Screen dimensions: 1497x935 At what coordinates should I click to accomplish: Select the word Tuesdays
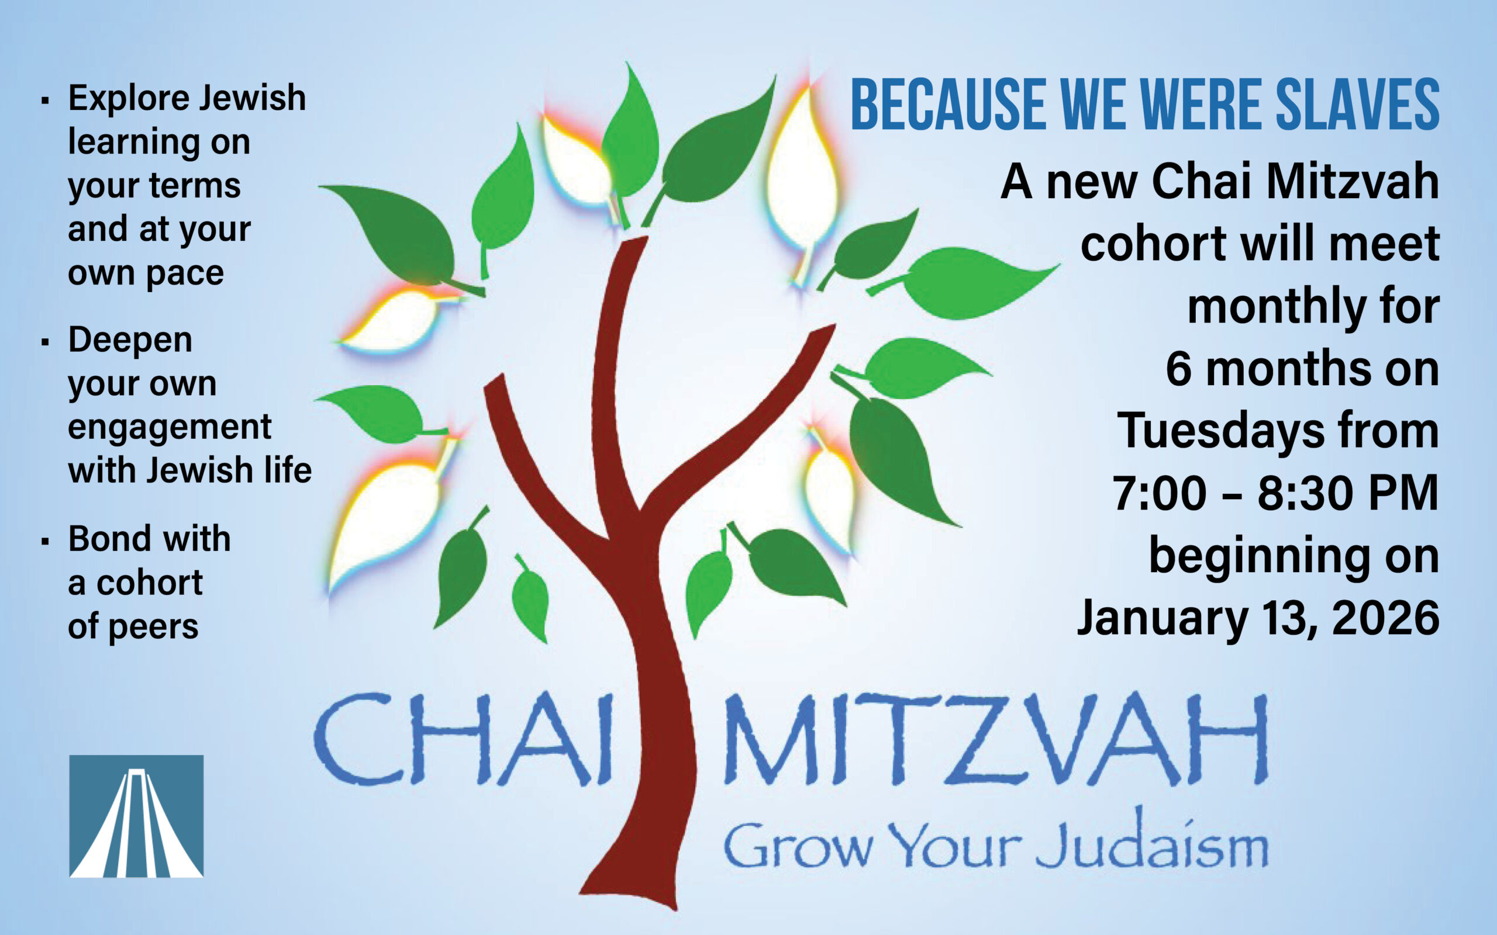(1221, 432)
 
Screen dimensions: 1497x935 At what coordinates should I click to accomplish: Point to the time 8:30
(1304, 493)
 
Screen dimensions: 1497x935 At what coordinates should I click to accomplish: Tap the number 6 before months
(1178, 369)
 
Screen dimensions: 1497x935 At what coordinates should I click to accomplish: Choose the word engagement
(170, 428)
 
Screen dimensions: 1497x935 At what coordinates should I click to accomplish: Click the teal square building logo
(136, 816)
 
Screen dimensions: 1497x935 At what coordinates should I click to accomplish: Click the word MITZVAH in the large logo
(996, 739)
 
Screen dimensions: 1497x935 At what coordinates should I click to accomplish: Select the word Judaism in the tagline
(1152, 842)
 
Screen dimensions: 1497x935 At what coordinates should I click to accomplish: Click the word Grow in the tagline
(798, 846)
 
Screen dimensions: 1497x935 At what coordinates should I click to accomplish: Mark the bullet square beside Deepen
(44, 342)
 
